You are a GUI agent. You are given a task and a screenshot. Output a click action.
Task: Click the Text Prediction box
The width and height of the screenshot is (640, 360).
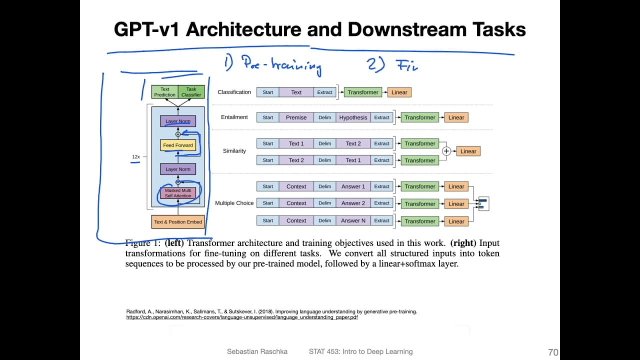coord(164,92)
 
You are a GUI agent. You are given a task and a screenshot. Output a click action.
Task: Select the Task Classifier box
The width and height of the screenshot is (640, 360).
coord(191,92)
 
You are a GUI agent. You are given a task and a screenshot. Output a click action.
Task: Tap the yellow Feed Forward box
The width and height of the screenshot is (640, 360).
coord(177,145)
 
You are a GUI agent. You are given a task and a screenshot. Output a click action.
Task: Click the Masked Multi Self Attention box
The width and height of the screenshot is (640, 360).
coord(178,193)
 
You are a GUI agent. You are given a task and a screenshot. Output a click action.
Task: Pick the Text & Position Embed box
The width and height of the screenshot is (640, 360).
coord(178,222)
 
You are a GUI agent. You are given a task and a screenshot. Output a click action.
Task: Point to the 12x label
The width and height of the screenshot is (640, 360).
coord(135,157)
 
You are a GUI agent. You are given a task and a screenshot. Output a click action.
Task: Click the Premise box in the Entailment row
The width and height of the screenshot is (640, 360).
coord(296,117)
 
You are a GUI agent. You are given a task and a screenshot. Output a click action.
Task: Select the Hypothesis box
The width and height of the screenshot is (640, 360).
coord(353,117)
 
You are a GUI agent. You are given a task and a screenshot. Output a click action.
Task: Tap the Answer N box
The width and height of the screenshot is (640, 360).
coord(353,220)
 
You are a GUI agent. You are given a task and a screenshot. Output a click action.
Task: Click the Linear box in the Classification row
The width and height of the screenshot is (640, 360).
coord(399,92)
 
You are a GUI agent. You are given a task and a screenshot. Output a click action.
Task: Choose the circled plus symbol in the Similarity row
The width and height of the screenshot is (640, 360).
coord(446,151)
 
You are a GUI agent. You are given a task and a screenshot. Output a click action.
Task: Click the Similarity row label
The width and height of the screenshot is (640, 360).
coord(234,151)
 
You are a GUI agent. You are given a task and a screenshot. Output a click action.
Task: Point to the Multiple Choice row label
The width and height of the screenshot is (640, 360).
coord(234,203)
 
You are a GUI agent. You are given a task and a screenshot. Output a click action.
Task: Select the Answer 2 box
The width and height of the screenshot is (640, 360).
coord(353,203)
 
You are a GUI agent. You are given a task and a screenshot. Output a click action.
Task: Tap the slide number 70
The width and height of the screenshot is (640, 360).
coord(553,352)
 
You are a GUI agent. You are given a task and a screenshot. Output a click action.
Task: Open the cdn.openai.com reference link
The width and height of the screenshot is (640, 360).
coord(242,317)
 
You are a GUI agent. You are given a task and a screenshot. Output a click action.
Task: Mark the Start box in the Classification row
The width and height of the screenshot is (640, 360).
coord(268,92)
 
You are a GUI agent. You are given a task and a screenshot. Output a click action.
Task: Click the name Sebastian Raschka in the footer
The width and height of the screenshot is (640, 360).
coord(257,351)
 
